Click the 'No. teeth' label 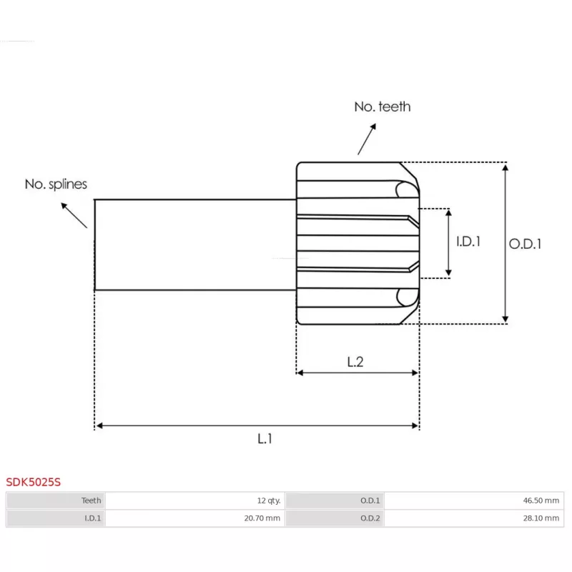383,107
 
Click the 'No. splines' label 56,184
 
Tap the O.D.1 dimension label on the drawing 525,244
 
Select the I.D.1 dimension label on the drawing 468,241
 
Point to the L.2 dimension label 355,362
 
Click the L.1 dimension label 265,438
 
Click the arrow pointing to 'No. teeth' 367,139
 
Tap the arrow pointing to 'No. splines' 74,215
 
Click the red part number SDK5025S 33,482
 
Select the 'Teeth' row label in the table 92,500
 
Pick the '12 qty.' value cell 269,500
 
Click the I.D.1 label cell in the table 93,518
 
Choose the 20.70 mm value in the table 262,518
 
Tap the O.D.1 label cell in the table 370,500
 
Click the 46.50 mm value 541,500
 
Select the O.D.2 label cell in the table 370,518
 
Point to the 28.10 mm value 541,518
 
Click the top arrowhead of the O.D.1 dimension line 506,167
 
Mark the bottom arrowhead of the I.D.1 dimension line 449,273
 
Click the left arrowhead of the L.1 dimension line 99,425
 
